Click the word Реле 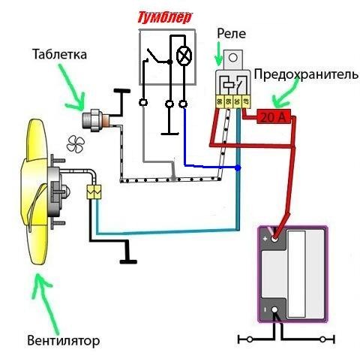pos(231,34)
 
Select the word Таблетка pos(60,55)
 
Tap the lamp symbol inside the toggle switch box pos(181,56)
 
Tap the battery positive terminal pos(275,239)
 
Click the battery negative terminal pos(275,309)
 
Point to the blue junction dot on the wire pos(238,170)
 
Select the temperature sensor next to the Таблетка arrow pos(97,119)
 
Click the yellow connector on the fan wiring pos(94,191)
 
